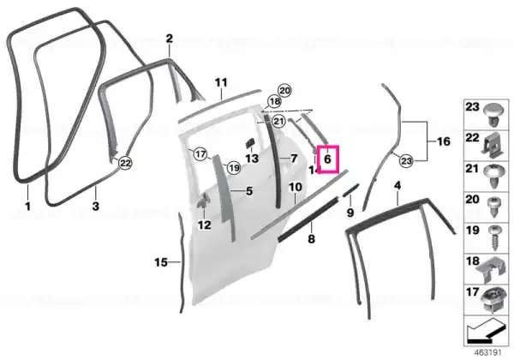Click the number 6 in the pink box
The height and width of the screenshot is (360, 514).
click(x=327, y=159)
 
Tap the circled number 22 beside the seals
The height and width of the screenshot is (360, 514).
click(x=126, y=163)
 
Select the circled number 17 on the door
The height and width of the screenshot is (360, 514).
click(x=200, y=153)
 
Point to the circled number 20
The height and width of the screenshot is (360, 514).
click(x=284, y=91)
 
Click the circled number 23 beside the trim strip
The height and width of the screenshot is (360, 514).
click(x=406, y=161)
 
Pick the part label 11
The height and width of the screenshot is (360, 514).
click(x=221, y=82)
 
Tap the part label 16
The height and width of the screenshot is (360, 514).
click(x=444, y=141)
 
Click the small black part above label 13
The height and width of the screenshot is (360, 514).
click(x=251, y=144)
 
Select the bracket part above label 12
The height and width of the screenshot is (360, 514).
click(x=203, y=201)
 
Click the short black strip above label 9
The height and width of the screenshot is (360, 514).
click(x=351, y=190)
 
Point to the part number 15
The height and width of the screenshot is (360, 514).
click(x=161, y=262)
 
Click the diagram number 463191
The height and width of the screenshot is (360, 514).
click(x=488, y=353)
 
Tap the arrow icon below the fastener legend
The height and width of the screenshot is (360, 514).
click(x=486, y=331)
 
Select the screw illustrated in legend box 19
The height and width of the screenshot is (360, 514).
click(x=494, y=237)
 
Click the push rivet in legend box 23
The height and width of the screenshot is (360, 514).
click(x=494, y=115)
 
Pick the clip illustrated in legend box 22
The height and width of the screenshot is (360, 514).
click(x=493, y=145)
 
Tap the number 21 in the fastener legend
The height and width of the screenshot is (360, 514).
click(x=472, y=169)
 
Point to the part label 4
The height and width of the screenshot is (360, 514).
click(x=397, y=186)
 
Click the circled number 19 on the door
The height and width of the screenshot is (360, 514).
click(x=234, y=168)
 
